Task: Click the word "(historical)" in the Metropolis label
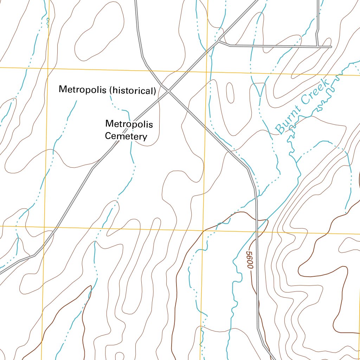tap(133, 91)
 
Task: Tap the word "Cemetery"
tap(126, 136)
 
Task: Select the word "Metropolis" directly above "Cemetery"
tap(129, 124)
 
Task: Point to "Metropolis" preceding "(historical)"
tap(83, 89)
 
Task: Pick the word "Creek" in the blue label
tap(314, 92)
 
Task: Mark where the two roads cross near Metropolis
tap(168, 91)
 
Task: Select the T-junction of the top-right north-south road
tap(317, 46)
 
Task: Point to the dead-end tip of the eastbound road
tap(331, 46)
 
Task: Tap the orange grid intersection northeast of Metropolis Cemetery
tap(206, 72)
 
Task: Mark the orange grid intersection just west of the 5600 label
tap(203, 231)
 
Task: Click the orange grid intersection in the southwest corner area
tap(44, 227)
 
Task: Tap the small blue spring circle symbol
tap(48, 19)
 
